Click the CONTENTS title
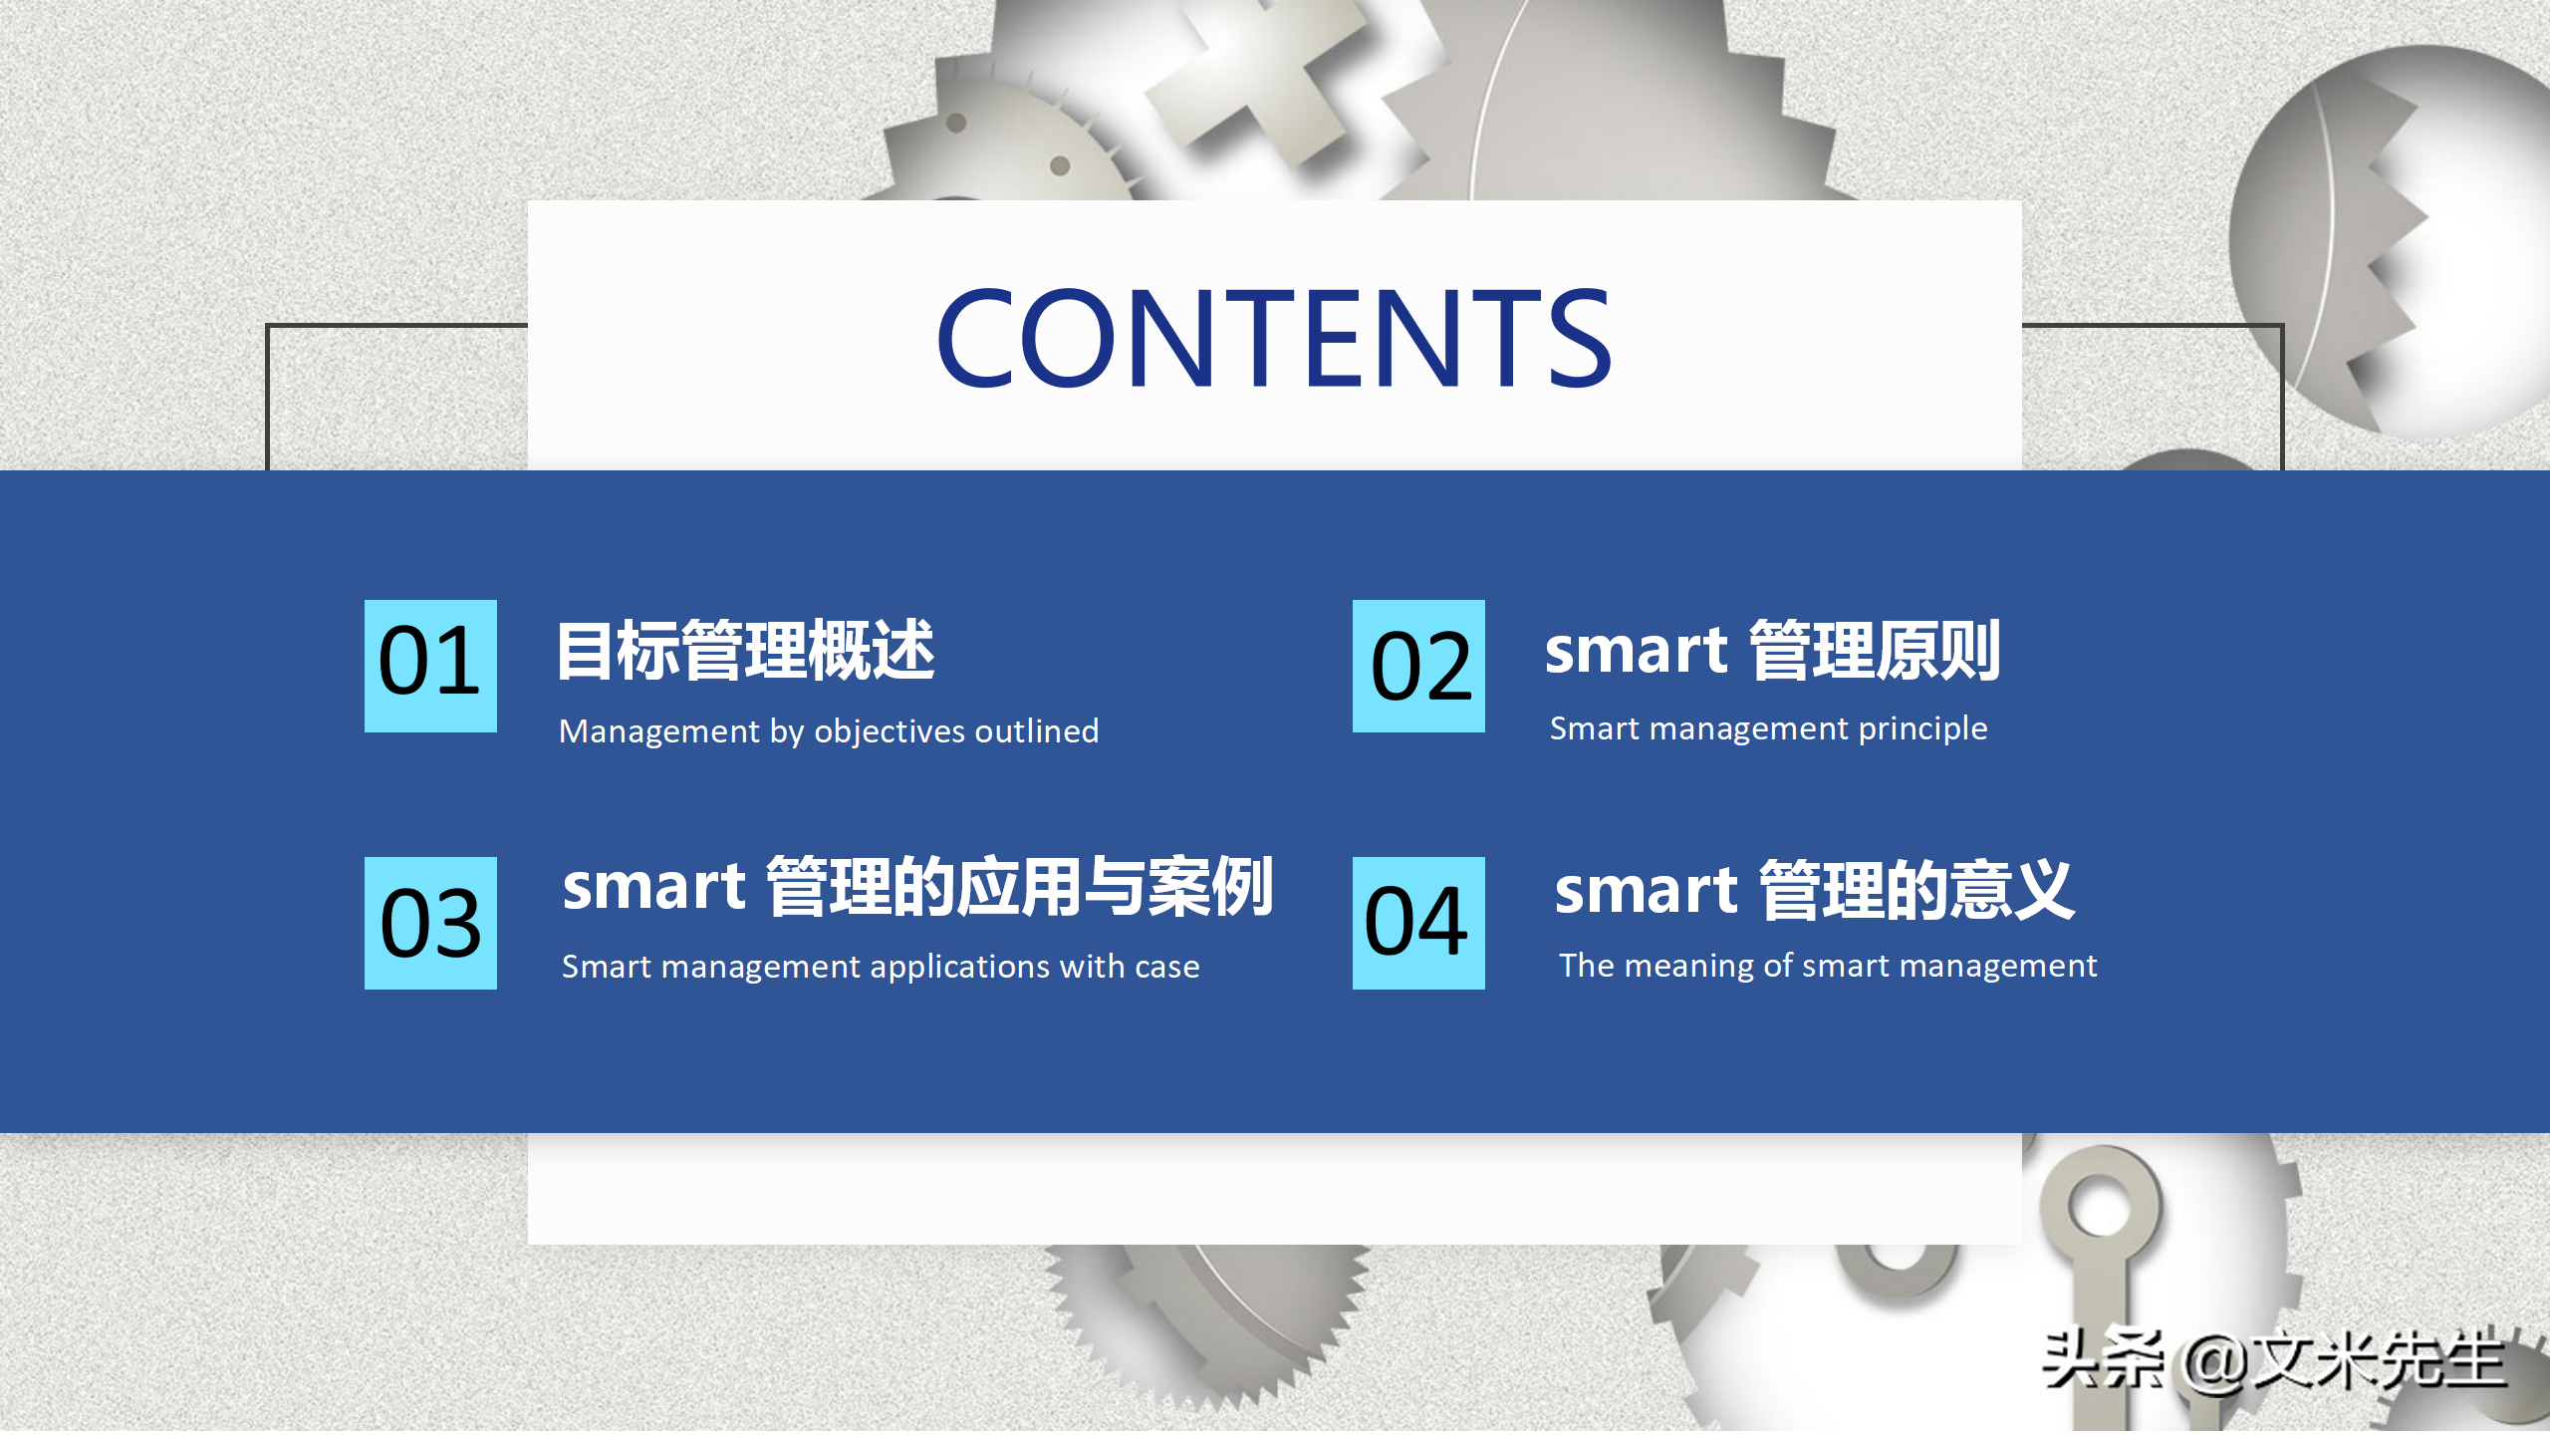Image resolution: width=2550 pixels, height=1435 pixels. click(x=1274, y=337)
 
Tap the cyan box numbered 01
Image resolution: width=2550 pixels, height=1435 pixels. click(x=430, y=666)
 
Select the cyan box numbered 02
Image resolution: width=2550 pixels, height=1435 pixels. click(x=1418, y=666)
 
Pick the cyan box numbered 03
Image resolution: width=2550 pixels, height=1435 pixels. click(x=430, y=923)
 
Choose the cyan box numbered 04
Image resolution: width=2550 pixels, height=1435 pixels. click(x=1418, y=923)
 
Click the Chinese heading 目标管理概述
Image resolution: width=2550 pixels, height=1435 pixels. click(x=746, y=651)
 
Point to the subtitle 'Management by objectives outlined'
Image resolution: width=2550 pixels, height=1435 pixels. click(x=829, y=731)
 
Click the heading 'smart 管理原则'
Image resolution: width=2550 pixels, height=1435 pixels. click(x=1772, y=651)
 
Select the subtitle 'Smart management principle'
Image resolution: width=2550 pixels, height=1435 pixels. click(x=1768, y=728)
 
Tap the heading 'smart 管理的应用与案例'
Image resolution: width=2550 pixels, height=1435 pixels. click(x=917, y=886)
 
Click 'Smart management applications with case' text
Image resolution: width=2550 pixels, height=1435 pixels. click(x=881, y=967)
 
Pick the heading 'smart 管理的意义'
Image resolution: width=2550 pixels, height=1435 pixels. click(x=1815, y=890)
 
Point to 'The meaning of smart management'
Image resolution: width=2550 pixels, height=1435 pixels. click(x=1828, y=966)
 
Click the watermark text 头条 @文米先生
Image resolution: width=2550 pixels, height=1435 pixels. click(x=2274, y=1359)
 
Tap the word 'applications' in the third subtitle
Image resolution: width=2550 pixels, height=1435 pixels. click(x=960, y=968)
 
